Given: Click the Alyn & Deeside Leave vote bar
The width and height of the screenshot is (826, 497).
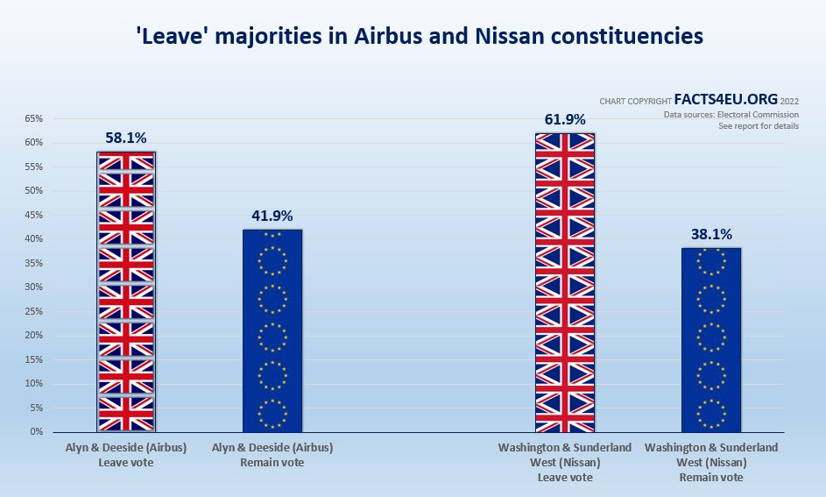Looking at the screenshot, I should click(x=126, y=292).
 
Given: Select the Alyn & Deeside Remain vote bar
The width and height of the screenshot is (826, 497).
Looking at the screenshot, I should click(x=272, y=330).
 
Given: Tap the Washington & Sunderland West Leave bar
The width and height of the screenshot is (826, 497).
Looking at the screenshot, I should click(x=565, y=282).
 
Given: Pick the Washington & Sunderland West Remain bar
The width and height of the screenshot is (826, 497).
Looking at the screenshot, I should click(x=711, y=340).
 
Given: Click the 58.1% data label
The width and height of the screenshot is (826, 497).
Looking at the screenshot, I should click(x=126, y=138).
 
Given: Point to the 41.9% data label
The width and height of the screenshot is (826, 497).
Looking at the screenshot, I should click(x=272, y=216).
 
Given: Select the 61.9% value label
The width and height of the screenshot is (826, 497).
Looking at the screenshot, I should click(x=565, y=119).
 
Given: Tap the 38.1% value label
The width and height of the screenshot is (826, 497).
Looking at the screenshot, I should click(x=711, y=234).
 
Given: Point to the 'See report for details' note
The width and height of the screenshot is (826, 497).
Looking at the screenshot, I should click(x=759, y=126).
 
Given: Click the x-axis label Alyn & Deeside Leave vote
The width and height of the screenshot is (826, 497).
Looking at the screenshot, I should click(x=126, y=454).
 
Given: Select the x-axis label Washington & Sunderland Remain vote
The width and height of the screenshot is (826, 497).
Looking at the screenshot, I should click(x=711, y=462).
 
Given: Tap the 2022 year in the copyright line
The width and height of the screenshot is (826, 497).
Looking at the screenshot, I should click(x=788, y=102).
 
